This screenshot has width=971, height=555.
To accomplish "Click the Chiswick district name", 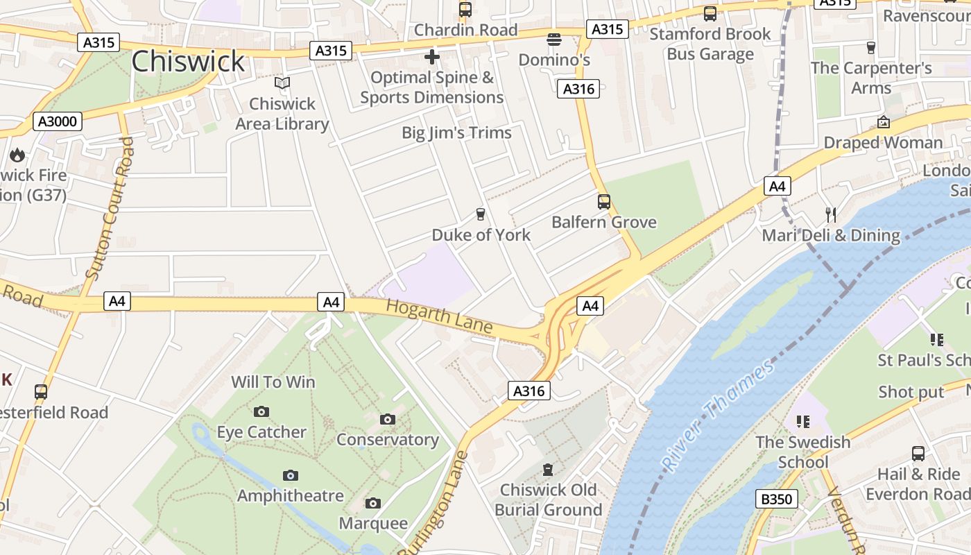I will [x=188, y=61].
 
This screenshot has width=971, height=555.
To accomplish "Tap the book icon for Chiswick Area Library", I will [x=282, y=83].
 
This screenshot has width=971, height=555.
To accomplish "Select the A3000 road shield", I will [x=58, y=122].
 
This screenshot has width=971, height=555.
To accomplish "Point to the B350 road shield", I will [x=775, y=498].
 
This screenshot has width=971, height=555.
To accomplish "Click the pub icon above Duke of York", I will [x=480, y=214].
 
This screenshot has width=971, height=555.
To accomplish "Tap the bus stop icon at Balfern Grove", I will [x=604, y=202].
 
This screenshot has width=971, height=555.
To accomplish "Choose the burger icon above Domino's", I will [x=553, y=40].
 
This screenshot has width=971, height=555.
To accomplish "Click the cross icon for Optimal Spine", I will [x=432, y=57].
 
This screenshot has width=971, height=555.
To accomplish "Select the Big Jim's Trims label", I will [x=456, y=133].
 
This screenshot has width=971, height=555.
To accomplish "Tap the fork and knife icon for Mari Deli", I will [x=830, y=214].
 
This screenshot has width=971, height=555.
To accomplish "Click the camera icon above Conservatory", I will [x=388, y=419].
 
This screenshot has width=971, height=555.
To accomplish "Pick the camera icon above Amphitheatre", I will [x=291, y=475].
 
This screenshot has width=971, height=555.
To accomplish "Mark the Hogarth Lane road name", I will [x=439, y=316].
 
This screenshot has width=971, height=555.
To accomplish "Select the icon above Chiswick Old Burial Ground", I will [x=548, y=470].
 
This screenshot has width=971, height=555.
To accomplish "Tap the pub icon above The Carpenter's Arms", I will [x=871, y=48].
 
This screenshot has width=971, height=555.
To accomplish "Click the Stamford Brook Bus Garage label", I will [x=710, y=44].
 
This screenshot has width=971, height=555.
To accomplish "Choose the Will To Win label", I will [x=273, y=382].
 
